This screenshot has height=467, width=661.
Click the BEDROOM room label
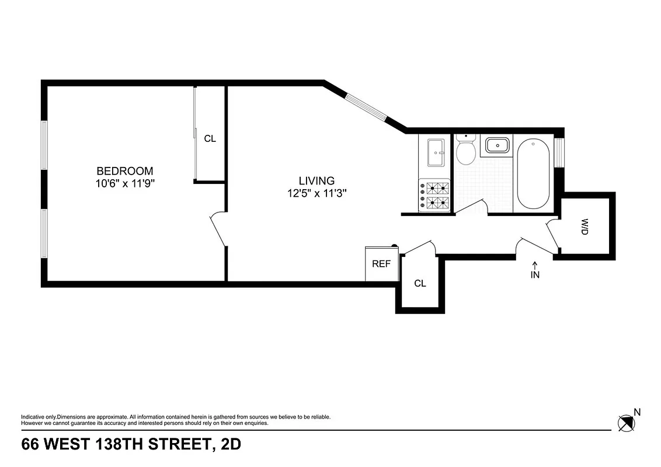(124, 171)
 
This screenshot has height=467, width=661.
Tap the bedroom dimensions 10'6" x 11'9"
(124, 183)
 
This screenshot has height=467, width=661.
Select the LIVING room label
(316, 181)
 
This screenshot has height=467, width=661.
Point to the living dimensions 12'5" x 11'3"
(316, 193)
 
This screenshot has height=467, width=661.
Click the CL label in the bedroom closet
(210, 139)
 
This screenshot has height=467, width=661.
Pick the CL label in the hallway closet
(420, 284)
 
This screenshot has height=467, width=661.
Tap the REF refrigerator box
(381, 263)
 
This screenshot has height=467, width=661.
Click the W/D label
(585, 226)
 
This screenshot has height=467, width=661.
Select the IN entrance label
(535, 275)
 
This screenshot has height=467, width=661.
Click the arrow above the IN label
(535, 265)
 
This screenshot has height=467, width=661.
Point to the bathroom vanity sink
(496, 145)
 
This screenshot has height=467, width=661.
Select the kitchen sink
(435, 152)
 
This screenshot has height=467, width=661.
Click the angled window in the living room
(366, 107)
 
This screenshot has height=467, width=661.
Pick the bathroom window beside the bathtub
(559, 151)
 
